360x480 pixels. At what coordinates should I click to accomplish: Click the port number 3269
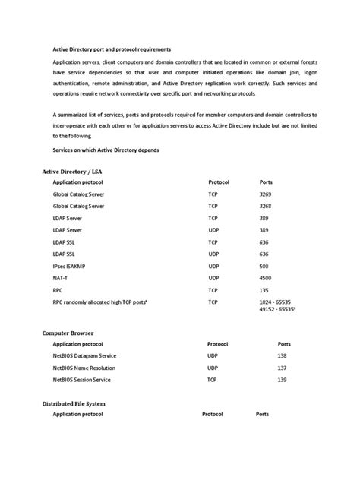pyautogui.click(x=266, y=194)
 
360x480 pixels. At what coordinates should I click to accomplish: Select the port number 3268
pyautogui.click(x=266, y=206)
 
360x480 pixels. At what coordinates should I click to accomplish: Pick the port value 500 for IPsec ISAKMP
pyautogui.click(x=264, y=266)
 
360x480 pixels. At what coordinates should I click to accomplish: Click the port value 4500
pyautogui.click(x=266, y=278)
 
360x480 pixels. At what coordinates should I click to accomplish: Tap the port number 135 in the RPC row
pyautogui.click(x=264, y=289)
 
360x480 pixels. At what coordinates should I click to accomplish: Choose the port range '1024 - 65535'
pyautogui.click(x=276, y=302)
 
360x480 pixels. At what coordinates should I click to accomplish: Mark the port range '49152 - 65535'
pyautogui.click(x=277, y=310)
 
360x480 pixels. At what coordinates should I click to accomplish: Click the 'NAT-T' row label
pyautogui.click(x=61, y=278)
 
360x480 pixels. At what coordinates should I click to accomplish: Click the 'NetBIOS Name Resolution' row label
pyautogui.click(x=85, y=367)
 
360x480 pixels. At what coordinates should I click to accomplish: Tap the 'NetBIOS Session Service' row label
pyautogui.click(x=83, y=378)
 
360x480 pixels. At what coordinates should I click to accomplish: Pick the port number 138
pyautogui.click(x=283, y=355)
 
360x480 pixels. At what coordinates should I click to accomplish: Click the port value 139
pyautogui.click(x=283, y=378)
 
